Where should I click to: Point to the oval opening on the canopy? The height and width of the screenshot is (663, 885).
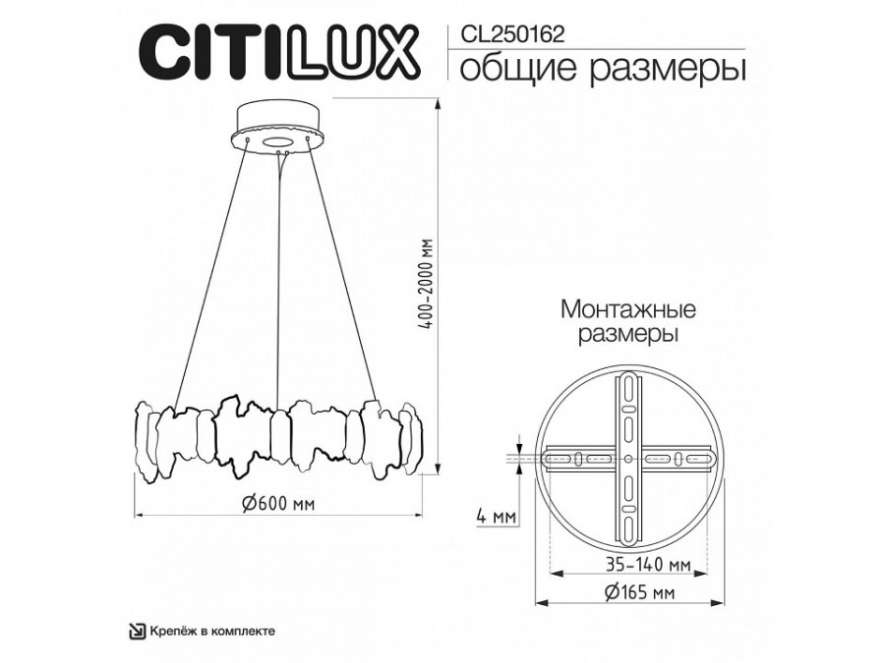(x=281, y=143)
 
